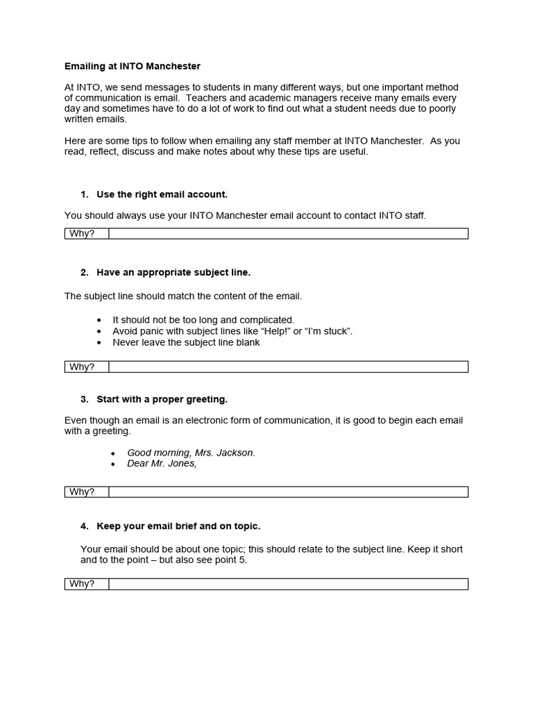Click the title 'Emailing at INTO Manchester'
pos(132,67)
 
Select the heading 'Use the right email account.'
pos(162,194)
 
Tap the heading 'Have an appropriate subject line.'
pos(173,272)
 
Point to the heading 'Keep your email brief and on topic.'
pos(178,526)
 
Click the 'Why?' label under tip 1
pos(82,233)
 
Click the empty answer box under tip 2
pos(288,367)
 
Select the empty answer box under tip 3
pos(288,492)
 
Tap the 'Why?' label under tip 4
pos(82,584)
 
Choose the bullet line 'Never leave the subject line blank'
pos(186,342)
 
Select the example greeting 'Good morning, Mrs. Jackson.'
pos(191,453)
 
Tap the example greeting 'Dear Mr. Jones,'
pos(162,463)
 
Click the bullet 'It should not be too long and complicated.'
pos(203,320)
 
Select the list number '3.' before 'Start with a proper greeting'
pos(84,399)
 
